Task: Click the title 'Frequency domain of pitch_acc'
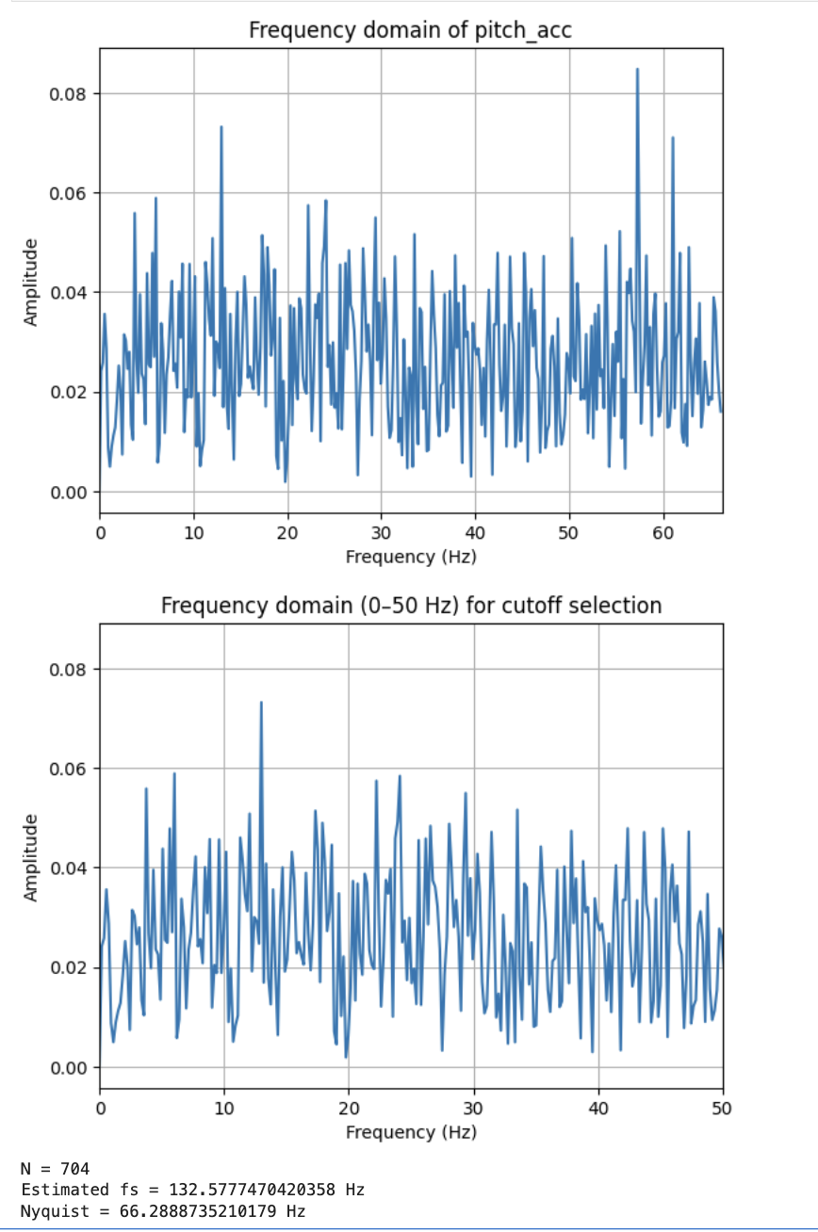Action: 410,29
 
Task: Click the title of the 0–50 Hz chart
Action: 410,605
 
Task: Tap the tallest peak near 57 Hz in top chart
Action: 637,70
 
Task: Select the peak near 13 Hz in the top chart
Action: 221,128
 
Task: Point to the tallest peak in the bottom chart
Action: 261,703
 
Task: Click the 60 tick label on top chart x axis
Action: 663,532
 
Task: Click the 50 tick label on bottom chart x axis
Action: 723,1108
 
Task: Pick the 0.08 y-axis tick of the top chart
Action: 70,94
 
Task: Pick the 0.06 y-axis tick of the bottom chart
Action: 70,769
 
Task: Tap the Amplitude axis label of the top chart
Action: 31,283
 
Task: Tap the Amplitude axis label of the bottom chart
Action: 31,857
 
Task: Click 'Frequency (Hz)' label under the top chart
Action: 410,557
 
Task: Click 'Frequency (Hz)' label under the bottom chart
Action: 410,1132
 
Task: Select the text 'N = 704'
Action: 55,1170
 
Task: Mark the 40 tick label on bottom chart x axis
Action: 598,1108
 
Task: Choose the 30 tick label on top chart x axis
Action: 382,532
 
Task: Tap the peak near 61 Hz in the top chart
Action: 673,138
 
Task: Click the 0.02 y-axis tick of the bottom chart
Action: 70,967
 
